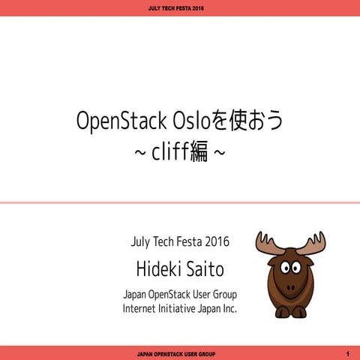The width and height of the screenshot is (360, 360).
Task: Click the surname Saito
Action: [204, 268]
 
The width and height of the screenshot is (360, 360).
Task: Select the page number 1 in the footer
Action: [348, 352]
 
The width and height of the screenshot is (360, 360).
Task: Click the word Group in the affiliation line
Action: [221, 293]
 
